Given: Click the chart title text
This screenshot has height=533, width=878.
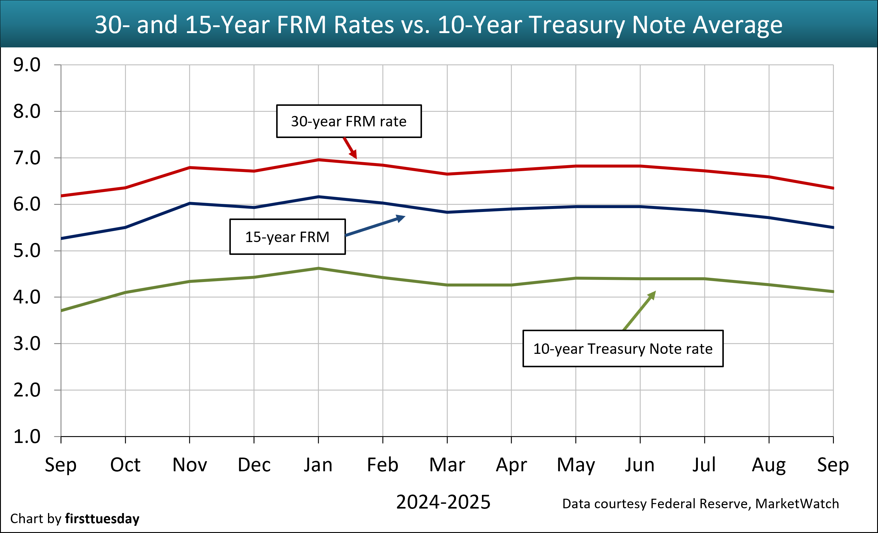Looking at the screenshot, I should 439,25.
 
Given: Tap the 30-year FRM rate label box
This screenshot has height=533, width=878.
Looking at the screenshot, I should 349,121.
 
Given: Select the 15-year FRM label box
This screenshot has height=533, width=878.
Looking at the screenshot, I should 287,237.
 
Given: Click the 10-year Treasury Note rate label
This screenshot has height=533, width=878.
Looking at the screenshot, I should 623,349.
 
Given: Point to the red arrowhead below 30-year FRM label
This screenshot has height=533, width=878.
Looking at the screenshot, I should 353,155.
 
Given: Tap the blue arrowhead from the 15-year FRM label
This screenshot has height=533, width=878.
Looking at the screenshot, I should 401,218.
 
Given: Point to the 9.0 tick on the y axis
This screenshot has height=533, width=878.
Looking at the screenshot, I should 27,65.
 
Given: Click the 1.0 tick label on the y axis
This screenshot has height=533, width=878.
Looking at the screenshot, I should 27,437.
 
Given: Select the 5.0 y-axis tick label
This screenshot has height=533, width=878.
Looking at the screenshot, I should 27,251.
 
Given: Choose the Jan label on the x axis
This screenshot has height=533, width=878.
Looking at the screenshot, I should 318,465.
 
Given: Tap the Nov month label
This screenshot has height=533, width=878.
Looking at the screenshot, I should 190,465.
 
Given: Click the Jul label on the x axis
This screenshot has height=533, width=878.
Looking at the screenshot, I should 704,465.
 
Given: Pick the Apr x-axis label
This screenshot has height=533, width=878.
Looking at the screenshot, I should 511,465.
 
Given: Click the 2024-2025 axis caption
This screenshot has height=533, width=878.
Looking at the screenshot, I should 443,502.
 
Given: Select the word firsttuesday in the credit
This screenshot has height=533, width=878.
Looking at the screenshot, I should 102,519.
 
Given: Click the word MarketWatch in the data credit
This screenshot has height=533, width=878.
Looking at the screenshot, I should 797,504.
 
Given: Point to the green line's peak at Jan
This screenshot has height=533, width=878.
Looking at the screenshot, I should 319,268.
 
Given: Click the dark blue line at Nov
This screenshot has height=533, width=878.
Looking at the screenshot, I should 190,203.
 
